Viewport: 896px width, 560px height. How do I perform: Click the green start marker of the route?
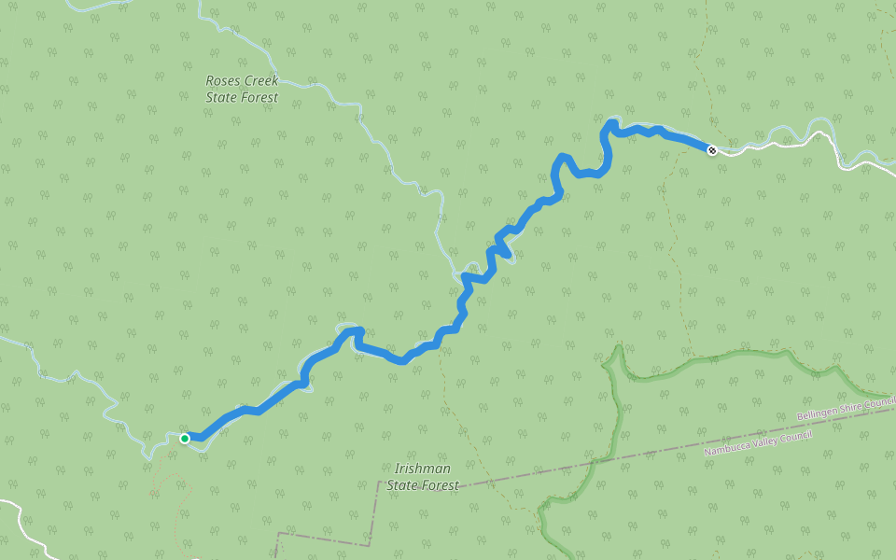(x=185, y=438)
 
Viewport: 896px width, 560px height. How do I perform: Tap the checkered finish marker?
(x=712, y=149)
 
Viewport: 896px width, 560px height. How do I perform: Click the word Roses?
(x=223, y=81)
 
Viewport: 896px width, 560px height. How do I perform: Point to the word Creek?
(x=261, y=81)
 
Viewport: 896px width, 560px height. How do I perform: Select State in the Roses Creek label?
(x=221, y=97)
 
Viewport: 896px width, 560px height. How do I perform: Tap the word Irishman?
(x=423, y=469)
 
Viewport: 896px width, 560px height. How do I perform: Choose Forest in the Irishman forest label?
(x=441, y=485)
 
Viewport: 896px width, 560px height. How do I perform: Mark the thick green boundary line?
(x=709, y=358)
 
